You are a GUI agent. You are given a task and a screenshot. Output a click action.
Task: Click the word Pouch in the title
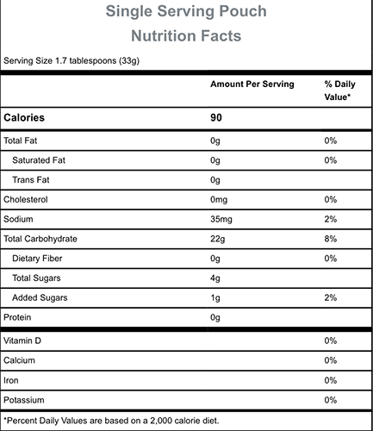[243, 11]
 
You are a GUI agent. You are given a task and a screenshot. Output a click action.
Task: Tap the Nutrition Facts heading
[186, 36]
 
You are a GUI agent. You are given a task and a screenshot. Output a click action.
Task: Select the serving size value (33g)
[129, 61]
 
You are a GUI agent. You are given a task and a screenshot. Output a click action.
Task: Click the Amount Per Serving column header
[252, 84]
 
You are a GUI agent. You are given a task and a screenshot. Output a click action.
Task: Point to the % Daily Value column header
[339, 91]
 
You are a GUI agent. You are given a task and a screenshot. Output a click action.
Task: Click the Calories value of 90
[216, 117]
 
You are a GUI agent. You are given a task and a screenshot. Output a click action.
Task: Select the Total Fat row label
[21, 141]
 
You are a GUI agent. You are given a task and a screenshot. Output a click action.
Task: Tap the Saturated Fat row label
[39, 160]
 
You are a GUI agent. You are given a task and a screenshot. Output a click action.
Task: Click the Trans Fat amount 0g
[215, 180]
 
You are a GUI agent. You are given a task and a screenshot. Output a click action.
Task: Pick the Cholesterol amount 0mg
[219, 200]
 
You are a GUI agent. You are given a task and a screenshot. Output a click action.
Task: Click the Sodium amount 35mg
[221, 219]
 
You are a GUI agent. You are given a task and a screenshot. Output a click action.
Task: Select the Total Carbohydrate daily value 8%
[331, 239]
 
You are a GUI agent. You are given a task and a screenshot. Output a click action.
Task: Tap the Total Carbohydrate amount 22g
[217, 239]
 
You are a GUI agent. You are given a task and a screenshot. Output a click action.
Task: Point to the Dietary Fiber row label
[37, 259]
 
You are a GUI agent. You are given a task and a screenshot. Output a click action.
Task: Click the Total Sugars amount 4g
[215, 278]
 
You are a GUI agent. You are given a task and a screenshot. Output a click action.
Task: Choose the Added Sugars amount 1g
[215, 298]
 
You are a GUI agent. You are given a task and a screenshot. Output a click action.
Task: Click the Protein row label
[17, 317]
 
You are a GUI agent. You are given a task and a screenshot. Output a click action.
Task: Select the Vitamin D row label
[22, 340]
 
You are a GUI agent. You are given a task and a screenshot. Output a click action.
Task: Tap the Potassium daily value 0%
[331, 400]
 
